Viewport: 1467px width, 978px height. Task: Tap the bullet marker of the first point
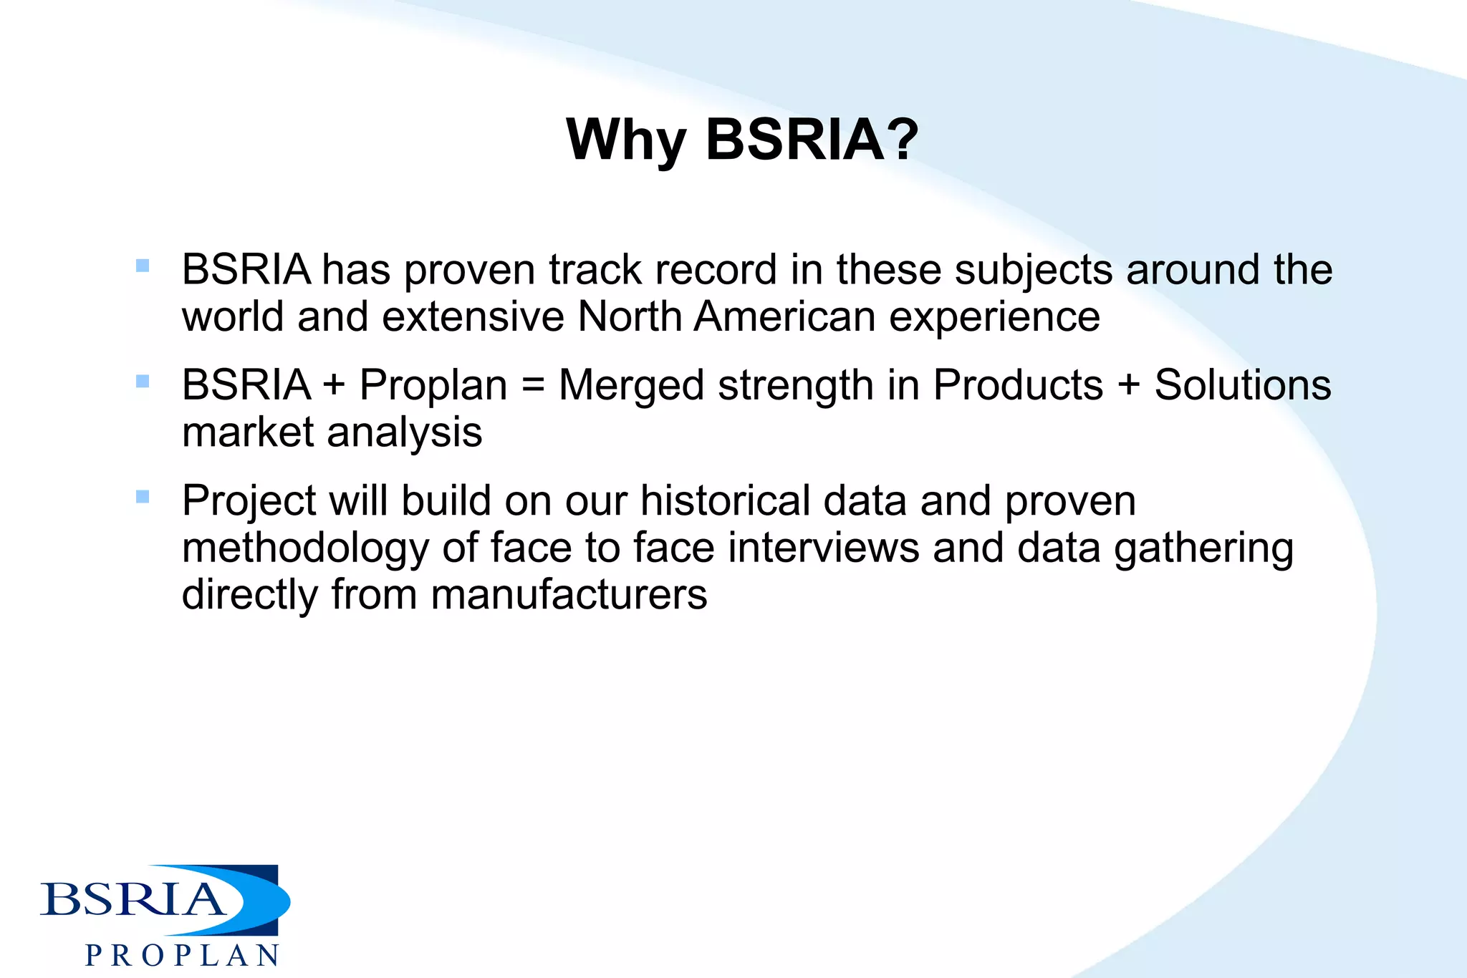(x=143, y=266)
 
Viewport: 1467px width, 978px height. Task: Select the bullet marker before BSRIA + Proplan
(x=143, y=381)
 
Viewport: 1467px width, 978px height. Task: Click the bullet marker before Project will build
(x=143, y=496)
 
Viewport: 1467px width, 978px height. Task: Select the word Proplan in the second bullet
(x=433, y=385)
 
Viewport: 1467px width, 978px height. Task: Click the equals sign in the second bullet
(x=533, y=385)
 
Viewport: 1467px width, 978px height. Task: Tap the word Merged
(x=633, y=387)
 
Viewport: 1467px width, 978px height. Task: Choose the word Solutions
(x=1242, y=385)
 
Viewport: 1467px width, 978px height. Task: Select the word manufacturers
(x=569, y=595)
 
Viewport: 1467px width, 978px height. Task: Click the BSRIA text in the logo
(x=133, y=899)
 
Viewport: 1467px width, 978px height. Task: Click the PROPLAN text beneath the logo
(x=182, y=956)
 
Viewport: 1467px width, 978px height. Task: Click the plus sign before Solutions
(x=1128, y=385)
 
